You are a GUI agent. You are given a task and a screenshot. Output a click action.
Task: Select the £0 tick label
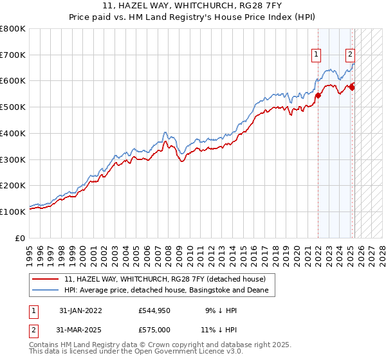coord(21,238)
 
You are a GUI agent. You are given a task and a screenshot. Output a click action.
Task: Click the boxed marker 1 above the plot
coord(317,55)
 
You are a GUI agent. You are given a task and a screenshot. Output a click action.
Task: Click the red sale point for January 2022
coord(318,96)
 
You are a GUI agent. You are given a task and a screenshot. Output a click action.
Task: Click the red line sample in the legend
coord(46,279)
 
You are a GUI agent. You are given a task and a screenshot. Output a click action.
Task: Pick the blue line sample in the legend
coord(46,291)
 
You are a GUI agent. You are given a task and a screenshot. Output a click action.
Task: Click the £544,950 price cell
coord(154,310)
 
